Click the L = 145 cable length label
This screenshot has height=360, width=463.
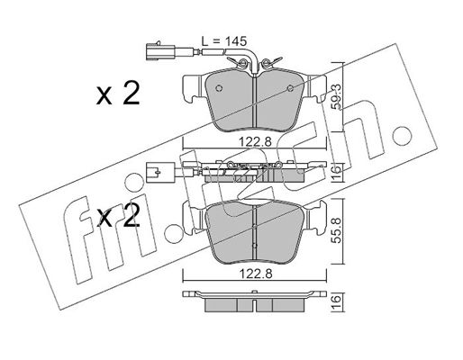click(223, 41)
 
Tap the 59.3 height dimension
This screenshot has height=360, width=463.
click(337, 96)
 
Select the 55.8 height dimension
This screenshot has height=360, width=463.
click(337, 230)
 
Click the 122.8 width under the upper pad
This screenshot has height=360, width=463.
click(255, 141)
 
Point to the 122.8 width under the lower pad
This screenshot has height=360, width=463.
click(255, 274)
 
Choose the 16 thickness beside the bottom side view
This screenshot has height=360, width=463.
click(337, 300)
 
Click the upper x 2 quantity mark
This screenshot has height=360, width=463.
click(118, 94)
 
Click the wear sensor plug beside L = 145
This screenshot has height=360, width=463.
click(160, 52)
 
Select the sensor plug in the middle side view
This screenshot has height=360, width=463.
click(160, 172)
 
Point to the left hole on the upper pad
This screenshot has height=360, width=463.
click(219, 88)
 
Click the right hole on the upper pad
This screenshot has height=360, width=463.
click(290, 88)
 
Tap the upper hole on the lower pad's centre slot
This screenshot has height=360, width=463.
click(254, 227)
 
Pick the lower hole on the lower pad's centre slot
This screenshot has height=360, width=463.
click(254, 246)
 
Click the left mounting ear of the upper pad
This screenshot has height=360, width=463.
click(191, 88)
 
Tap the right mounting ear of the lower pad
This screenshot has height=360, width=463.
click(316, 218)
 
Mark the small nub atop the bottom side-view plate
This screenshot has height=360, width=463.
click(254, 292)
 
